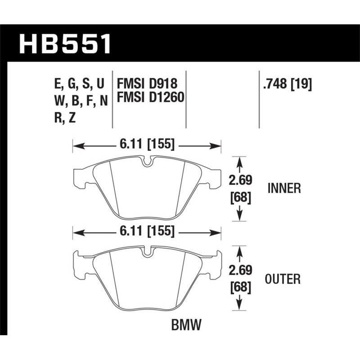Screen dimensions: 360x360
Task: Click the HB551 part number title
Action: tap(65, 44)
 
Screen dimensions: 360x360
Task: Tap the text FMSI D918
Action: tap(147, 84)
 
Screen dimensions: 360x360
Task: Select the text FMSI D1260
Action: tap(150, 97)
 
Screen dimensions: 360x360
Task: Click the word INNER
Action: tap(283, 188)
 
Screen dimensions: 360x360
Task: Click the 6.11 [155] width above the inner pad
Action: tap(147, 145)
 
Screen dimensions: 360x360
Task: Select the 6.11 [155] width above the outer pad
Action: tap(147, 232)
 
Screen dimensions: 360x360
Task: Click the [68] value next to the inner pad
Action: tap(239, 197)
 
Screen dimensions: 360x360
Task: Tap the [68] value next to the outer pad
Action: tap(239, 287)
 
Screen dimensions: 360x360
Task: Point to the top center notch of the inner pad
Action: tap(147, 161)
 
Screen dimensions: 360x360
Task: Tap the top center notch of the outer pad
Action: tap(147, 252)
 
